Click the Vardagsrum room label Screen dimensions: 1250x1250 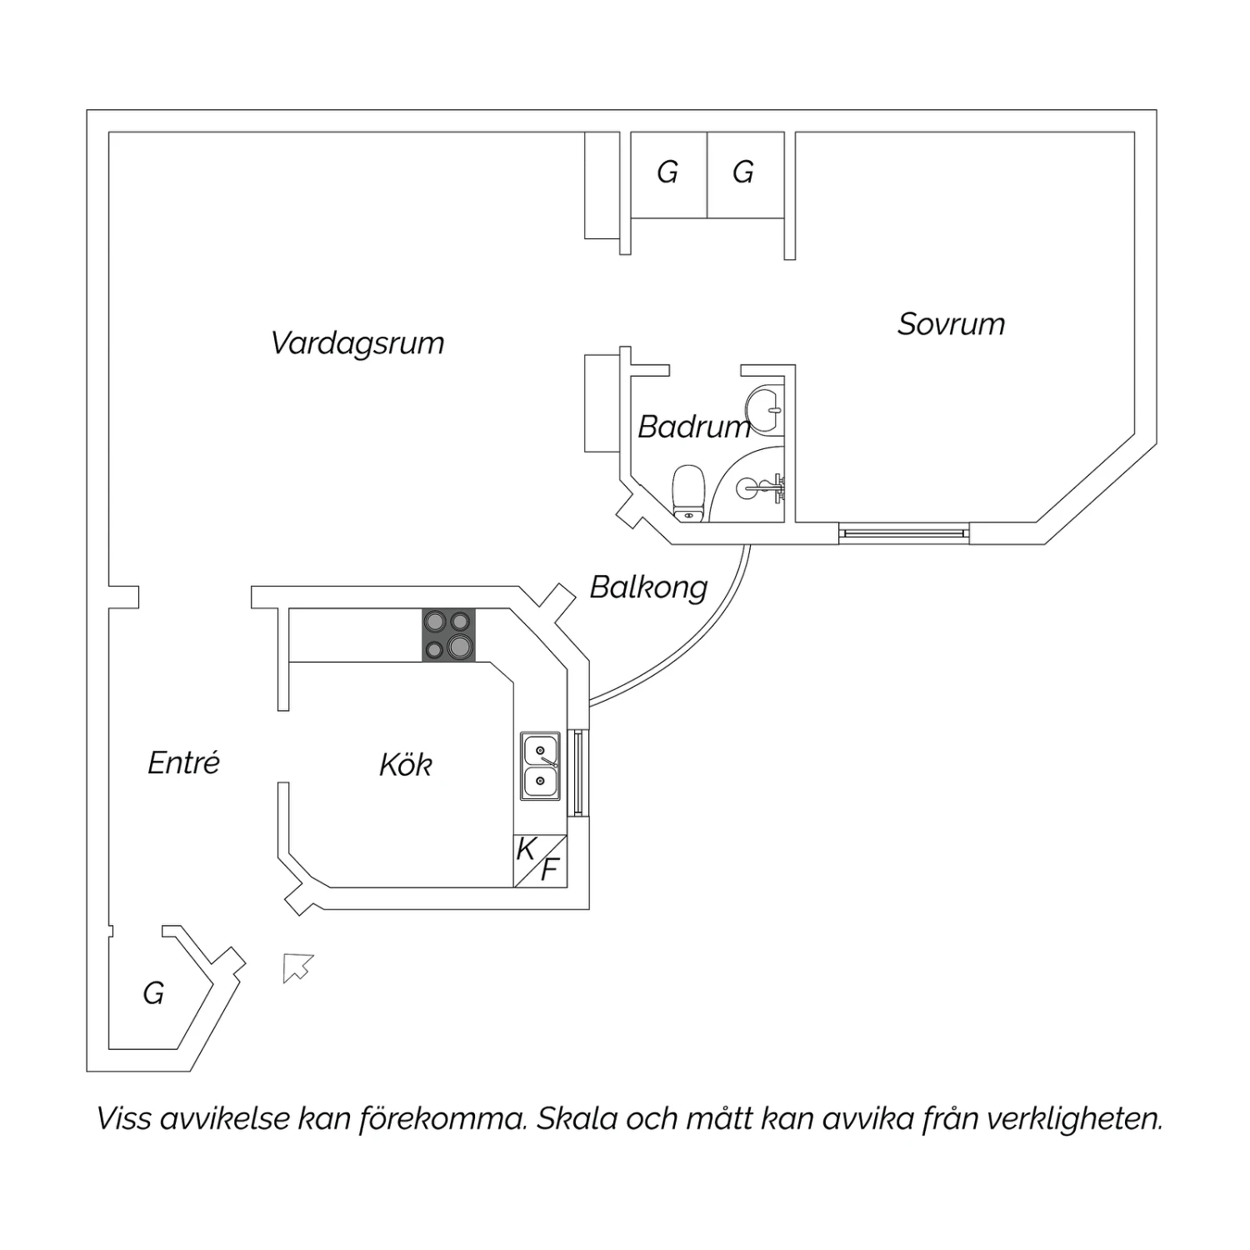(357, 343)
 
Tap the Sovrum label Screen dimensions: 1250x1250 (951, 324)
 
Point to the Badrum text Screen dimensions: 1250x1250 (694, 427)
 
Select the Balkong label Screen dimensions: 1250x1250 (649, 587)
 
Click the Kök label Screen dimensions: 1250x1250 (406, 764)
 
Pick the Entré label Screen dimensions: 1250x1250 (184, 762)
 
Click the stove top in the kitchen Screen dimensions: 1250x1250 (448, 635)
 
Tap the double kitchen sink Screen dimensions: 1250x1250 (541, 767)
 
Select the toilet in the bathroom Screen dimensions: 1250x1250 (689, 492)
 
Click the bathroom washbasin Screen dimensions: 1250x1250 (765, 409)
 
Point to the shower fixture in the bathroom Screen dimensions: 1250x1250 (763, 487)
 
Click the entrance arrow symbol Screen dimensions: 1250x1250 (297, 967)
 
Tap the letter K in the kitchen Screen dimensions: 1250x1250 (526, 849)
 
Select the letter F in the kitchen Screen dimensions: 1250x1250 (549, 870)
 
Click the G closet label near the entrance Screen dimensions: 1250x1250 (153, 993)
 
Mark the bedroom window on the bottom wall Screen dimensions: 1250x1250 (904, 532)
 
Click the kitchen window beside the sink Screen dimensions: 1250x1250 (578, 773)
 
